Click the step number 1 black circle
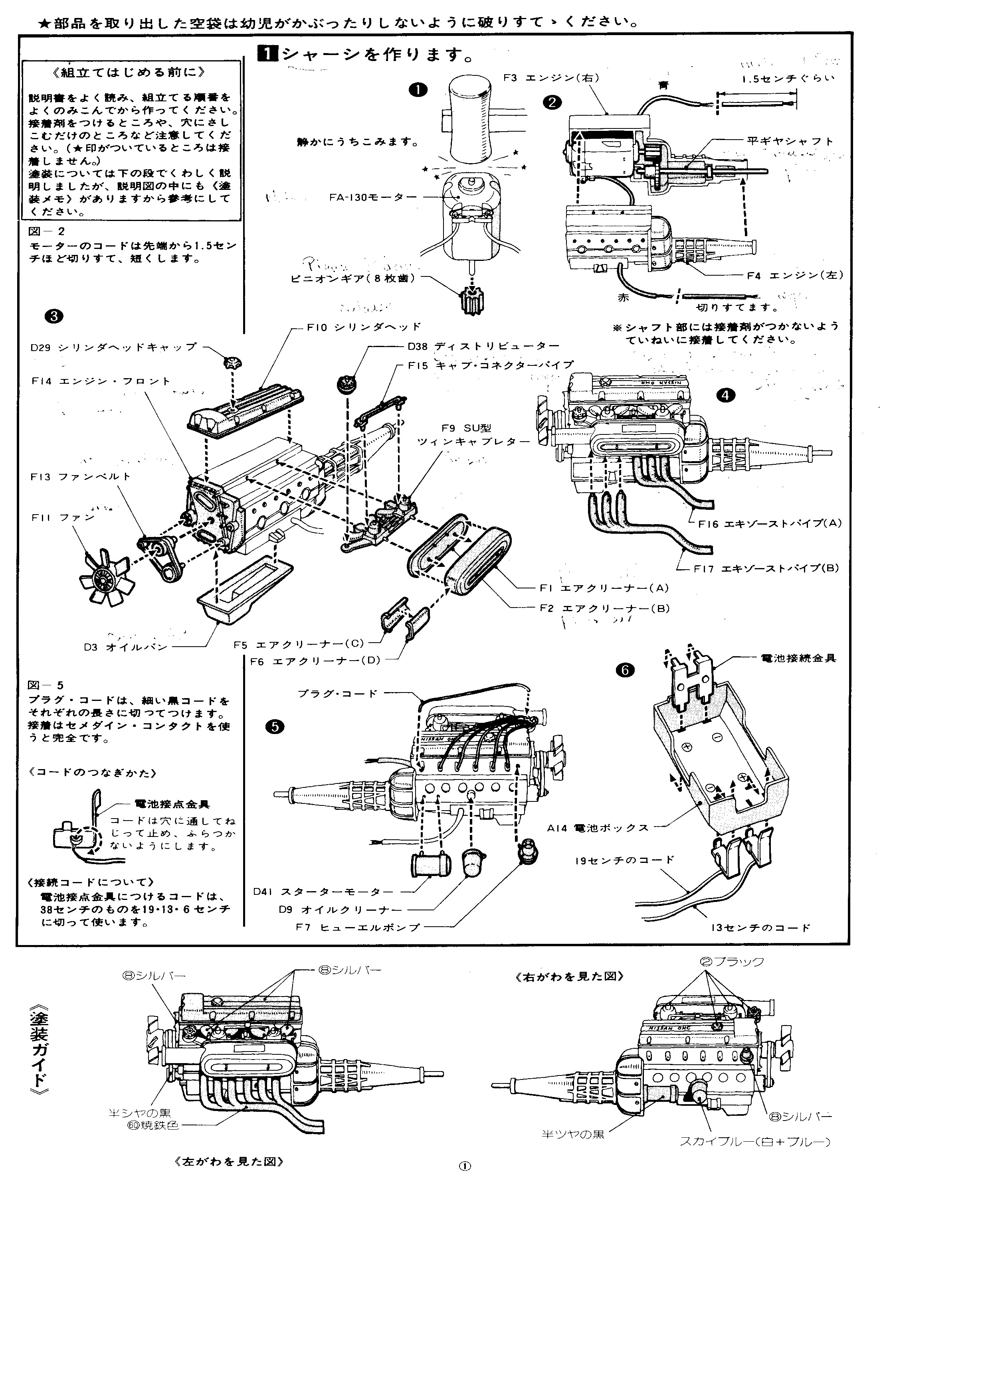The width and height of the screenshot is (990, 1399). [418, 90]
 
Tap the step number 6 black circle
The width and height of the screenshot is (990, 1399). [625, 670]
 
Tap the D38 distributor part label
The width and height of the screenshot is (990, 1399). [475, 347]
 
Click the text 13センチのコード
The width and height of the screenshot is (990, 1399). [760, 927]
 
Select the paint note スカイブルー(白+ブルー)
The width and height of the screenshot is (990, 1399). [755, 1141]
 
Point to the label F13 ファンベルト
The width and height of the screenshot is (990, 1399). [81, 476]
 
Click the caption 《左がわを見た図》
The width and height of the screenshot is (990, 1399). [229, 1161]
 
